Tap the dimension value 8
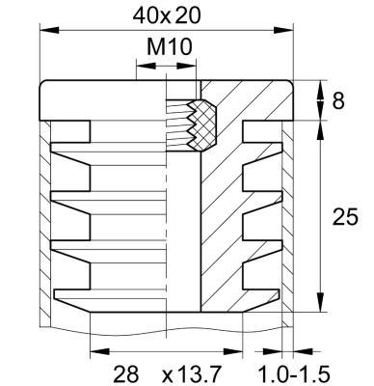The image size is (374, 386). (x=337, y=100)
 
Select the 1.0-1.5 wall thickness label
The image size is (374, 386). (x=293, y=372)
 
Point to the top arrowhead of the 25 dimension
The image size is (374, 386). (x=319, y=125)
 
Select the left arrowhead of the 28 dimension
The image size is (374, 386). (x=94, y=350)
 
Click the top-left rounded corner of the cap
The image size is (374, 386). (x=44, y=87)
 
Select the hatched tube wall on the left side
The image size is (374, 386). (x=42, y=222)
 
